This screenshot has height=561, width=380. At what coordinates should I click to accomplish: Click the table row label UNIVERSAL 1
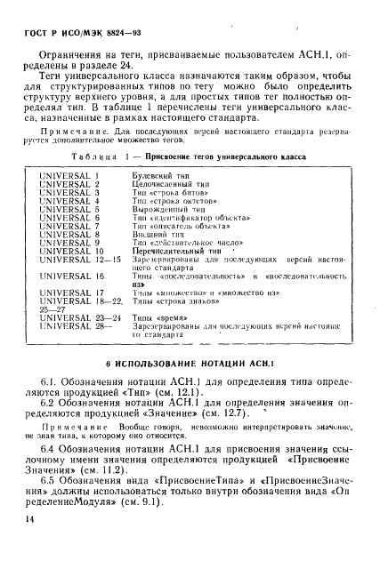coord(69,176)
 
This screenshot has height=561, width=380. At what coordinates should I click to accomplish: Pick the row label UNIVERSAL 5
coord(69,210)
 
